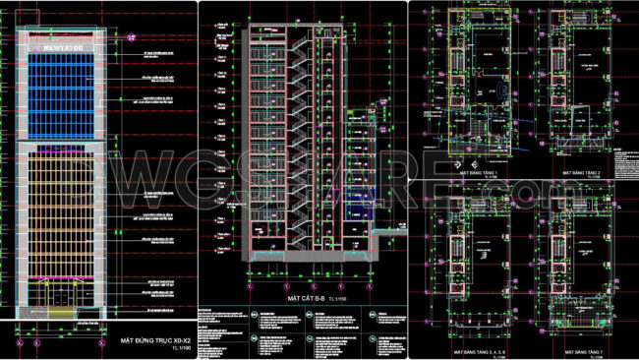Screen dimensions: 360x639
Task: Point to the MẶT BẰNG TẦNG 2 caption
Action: [x=582, y=171]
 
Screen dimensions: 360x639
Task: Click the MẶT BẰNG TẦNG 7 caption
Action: [x=582, y=350]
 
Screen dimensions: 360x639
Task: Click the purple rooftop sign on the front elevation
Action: [x=61, y=45]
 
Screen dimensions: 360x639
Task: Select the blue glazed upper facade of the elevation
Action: [x=61, y=93]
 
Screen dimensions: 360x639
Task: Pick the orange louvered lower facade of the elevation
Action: [x=62, y=211]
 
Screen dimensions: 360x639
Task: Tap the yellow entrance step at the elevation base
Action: [x=62, y=314]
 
